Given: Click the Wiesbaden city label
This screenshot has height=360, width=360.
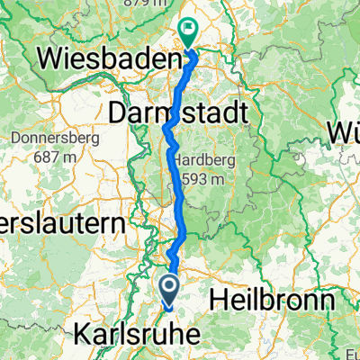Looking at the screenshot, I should (x=105, y=60).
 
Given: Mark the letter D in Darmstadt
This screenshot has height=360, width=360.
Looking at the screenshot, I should (x=118, y=113).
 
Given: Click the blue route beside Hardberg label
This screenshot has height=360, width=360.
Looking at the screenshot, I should (x=173, y=166).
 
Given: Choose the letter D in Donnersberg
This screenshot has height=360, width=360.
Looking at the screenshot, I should (x=18, y=139).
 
